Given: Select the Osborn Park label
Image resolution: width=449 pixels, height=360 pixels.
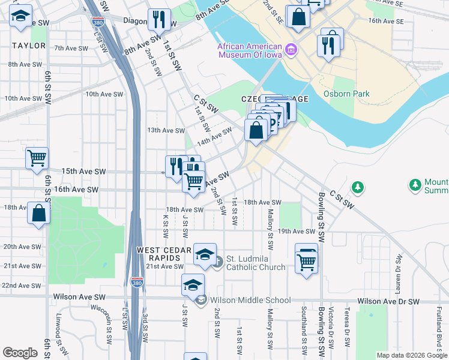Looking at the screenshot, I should pyautogui.click(x=346, y=94).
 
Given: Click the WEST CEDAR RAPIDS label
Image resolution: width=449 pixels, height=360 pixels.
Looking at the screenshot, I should pyautogui.click(x=164, y=254).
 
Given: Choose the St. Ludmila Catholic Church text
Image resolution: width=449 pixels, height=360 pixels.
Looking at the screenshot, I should pyautogui.click(x=256, y=262).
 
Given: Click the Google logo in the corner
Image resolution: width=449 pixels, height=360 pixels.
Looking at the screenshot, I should pyautogui.click(x=20, y=353).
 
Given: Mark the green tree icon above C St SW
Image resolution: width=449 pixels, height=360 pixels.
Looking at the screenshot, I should pyautogui.click(x=358, y=187).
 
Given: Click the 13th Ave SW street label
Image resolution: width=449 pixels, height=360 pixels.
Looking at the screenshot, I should pyautogui.click(x=166, y=130).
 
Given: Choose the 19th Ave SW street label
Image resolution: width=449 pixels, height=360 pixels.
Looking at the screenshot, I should pyautogui.click(x=297, y=231).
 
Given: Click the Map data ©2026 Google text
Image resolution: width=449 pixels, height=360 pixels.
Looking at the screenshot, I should pyautogui.click(x=411, y=355).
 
